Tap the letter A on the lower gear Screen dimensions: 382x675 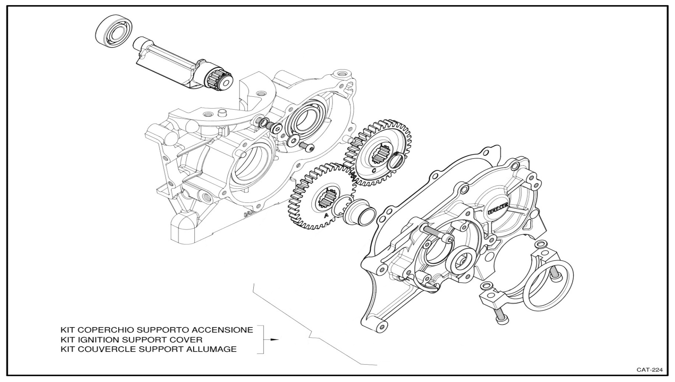pos(326,216)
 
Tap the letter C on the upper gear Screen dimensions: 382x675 pos(374,170)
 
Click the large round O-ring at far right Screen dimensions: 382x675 pos(549,285)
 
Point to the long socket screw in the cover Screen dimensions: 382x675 pos(437,234)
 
